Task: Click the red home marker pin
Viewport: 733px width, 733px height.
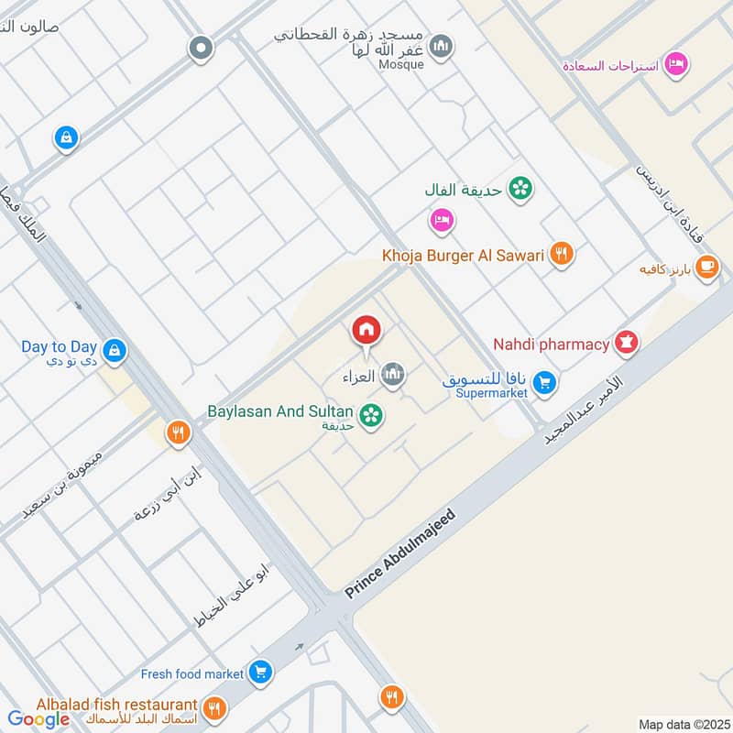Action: pos(366,330)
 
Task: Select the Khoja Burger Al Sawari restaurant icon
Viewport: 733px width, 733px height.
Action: pos(563,255)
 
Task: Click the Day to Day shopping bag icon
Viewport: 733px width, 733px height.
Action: pos(115,350)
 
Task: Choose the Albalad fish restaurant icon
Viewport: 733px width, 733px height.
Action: pos(214,707)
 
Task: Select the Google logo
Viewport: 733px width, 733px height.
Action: pos(38,719)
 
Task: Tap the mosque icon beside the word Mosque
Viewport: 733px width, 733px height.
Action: pos(442,46)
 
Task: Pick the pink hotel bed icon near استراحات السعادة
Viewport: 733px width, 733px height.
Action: pos(677,64)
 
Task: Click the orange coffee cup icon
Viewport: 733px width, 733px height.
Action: pos(706,267)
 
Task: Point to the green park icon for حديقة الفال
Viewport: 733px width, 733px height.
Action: pos(520,190)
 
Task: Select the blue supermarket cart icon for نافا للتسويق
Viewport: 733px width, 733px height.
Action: pos(545,383)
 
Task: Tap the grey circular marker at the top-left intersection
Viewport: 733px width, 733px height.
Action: pos(201,49)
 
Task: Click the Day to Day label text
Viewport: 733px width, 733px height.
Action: pos(60,347)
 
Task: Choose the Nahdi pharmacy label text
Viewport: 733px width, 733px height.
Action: pos(552,345)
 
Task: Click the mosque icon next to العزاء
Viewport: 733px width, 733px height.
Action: pos(393,374)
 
